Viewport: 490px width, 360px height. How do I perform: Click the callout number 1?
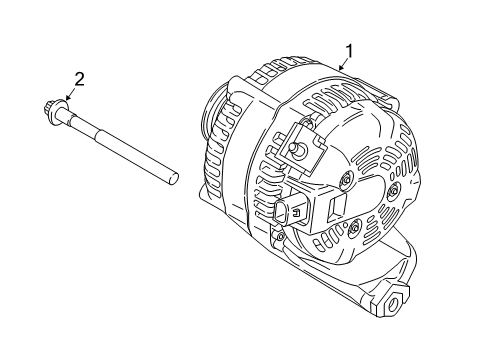coord(350,50)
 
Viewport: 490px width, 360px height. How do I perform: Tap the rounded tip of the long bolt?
coord(174,177)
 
